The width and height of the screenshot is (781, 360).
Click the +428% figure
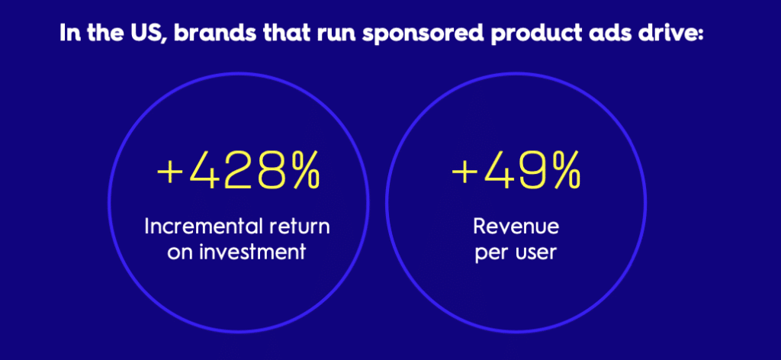(238, 171)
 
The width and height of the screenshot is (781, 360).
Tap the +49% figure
(516, 171)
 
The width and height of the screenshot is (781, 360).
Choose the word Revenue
(516, 227)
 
